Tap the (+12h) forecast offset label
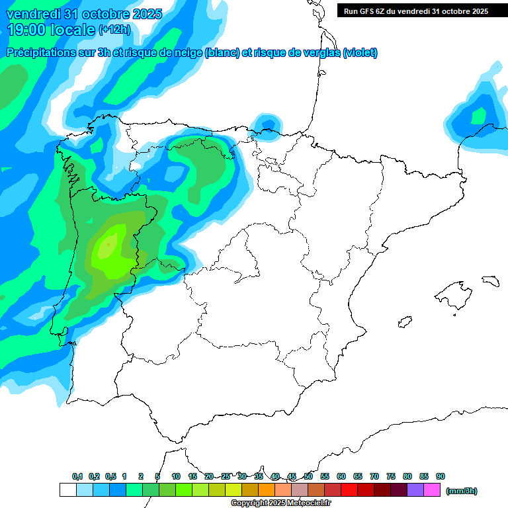click(x=114, y=29)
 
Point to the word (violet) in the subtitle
click(x=360, y=53)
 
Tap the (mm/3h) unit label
click(x=462, y=491)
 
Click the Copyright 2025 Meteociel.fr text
click(x=280, y=503)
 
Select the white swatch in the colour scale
click(x=67, y=489)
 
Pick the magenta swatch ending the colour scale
click(x=432, y=489)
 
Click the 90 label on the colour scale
click(x=441, y=476)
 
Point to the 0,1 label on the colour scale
click(x=77, y=476)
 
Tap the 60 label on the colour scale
click(x=341, y=476)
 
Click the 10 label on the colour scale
click(x=176, y=476)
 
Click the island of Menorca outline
click(x=489, y=281)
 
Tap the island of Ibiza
click(x=403, y=322)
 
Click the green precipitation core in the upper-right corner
click(x=478, y=115)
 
